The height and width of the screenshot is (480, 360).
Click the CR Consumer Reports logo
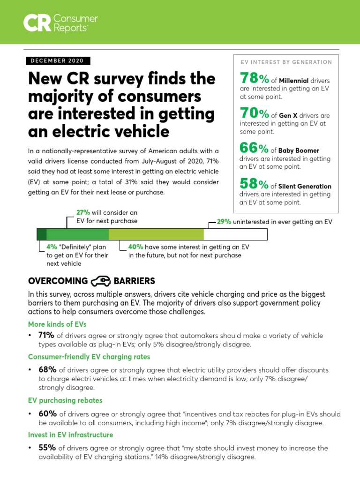[x=61, y=22]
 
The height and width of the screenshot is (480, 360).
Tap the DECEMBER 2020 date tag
[x=57, y=61]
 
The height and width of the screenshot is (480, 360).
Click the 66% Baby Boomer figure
[x=254, y=149]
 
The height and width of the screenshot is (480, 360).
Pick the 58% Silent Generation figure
[x=254, y=184]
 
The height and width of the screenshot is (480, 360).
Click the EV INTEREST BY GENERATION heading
[x=286, y=62]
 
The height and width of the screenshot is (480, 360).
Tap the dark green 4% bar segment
[x=42, y=234]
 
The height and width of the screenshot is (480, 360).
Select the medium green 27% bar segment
[x=78, y=234]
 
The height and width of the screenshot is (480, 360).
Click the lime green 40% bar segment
[x=156, y=234]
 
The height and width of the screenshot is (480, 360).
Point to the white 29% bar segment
[x=236, y=234]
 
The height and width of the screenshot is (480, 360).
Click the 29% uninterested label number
[x=224, y=222]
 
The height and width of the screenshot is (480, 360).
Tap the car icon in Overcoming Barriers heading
[x=100, y=281]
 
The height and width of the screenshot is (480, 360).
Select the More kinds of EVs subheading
[x=57, y=324]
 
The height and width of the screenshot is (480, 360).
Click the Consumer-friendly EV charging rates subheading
[x=89, y=357]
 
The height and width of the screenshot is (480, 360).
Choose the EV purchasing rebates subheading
[x=65, y=400]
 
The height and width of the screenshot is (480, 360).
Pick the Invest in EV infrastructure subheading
[x=70, y=435]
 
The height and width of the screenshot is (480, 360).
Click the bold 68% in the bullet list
[x=47, y=370]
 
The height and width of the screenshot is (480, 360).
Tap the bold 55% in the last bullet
[x=47, y=448]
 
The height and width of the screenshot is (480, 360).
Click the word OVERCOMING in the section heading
[x=58, y=281]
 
